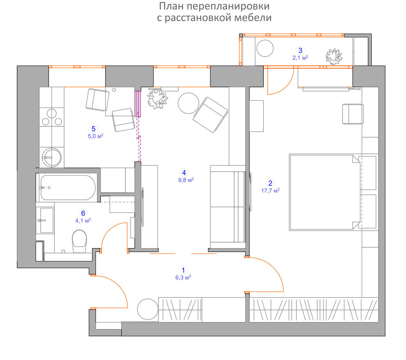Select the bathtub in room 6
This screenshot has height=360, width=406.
(68, 188)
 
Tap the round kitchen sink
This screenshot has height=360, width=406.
(52, 157)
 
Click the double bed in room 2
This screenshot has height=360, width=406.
(325, 192)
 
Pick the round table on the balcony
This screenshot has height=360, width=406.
(265, 48)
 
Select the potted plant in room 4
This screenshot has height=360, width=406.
(157, 98)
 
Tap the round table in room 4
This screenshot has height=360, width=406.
(188, 103)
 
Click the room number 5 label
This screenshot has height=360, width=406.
(93, 129)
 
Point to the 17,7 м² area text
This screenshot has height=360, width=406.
(270, 191)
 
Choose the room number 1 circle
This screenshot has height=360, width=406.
(183, 270)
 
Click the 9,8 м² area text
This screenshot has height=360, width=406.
(186, 180)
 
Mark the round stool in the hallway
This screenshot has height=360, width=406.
(148, 309)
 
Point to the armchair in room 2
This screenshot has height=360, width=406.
(353, 114)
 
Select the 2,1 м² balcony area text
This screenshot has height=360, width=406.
(300, 58)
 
